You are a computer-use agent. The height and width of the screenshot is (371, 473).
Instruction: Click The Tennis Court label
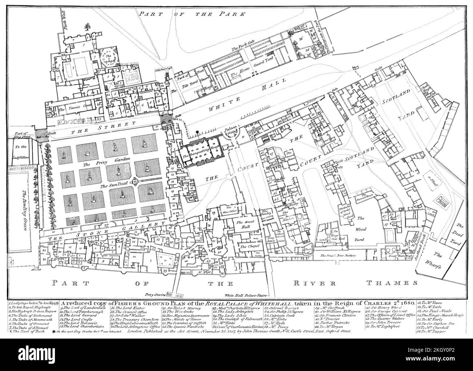point(71,108)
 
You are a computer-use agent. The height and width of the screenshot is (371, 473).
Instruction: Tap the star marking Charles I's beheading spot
point(196,133)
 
